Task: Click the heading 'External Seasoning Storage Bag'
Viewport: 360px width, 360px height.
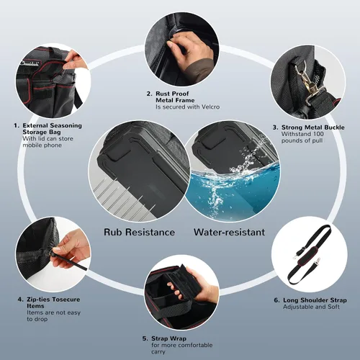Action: [x=52, y=129]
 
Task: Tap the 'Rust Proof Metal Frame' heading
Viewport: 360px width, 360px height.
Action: [x=175, y=97]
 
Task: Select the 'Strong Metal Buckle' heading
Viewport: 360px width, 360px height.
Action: [x=313, y=127]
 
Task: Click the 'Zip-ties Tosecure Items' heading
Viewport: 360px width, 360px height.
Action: [x=53, y=302]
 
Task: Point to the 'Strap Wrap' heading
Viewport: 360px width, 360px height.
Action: [x=168, y=338]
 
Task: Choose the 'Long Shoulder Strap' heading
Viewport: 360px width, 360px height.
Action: [x=315, y=300]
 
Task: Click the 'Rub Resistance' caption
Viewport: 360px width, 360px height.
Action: [x=139, y=233]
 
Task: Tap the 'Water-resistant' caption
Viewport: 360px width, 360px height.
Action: [x=229, y=232]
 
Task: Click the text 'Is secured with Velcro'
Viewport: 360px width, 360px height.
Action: [x=188, y=107]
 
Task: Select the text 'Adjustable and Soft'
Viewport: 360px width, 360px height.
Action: [x=311, y=307]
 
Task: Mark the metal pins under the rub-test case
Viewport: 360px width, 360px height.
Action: [x=125, y=200]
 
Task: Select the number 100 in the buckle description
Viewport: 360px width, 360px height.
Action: [x=318, y=134]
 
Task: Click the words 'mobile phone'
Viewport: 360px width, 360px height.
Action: [x=42, y=145]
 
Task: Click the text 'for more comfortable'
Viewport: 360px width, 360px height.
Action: [x=182, y=345]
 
